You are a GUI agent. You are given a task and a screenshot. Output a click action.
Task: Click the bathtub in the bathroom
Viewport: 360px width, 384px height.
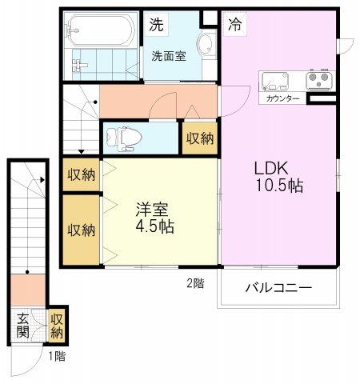coord(100,30)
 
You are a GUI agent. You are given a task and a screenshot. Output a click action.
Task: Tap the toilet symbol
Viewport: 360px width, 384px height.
coord(123,138)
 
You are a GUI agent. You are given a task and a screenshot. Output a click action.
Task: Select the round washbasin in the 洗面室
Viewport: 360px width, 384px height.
coord(205,44)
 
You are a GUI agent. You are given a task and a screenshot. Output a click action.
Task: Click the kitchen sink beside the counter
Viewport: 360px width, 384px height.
coord(275,80)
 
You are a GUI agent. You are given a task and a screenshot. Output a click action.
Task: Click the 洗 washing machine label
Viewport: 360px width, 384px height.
coord(156,24)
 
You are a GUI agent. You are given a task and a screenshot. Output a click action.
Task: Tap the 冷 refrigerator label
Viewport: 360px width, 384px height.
coord(235,24)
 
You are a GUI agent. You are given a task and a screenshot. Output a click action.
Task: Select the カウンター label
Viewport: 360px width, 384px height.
coord(282,98)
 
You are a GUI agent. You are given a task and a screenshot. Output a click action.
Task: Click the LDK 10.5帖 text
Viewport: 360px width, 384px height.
coord(279,177)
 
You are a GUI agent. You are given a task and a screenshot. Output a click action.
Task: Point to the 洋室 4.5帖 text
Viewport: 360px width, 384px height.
coord(154,218)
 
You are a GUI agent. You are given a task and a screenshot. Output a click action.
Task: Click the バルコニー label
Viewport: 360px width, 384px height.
coord(278,288)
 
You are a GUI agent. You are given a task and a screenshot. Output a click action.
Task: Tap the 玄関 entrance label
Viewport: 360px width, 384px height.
coord(22,326)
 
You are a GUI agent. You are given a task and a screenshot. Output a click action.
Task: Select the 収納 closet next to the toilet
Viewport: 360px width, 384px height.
coord(200,138)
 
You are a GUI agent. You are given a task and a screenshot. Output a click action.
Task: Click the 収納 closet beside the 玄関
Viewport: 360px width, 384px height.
coord(57,326)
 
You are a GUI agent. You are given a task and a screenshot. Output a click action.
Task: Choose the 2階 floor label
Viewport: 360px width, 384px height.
coord(195,283)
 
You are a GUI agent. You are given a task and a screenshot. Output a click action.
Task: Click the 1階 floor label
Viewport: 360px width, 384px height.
coord(57,356)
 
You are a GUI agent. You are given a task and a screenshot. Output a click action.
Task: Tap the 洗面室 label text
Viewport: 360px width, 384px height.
coord(169,56)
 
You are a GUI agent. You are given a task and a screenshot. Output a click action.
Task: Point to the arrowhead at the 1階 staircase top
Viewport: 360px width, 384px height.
coord(42,180)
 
